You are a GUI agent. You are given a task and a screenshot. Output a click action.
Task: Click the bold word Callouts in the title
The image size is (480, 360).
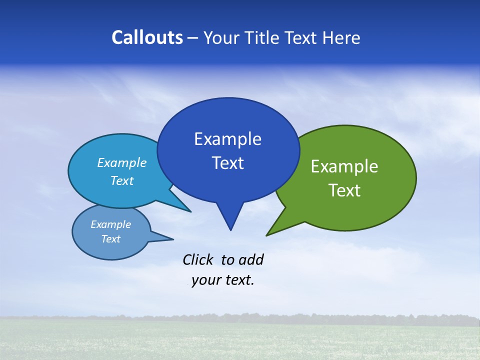147,37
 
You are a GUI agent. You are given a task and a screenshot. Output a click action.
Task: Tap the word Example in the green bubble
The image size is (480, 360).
344,166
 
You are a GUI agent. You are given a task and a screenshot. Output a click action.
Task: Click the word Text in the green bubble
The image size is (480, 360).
344,190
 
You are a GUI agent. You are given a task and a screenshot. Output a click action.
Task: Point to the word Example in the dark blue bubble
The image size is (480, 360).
227,139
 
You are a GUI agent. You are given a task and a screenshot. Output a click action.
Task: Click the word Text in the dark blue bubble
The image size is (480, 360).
227,163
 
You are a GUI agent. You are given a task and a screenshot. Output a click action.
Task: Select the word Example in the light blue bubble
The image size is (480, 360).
121,162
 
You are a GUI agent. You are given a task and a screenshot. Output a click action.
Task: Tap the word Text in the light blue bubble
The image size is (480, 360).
121,180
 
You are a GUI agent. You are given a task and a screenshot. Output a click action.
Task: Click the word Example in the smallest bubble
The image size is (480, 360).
110,224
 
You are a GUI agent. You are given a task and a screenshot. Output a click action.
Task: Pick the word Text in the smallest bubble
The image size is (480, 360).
110,239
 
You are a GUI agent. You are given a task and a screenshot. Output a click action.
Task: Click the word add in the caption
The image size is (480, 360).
251,259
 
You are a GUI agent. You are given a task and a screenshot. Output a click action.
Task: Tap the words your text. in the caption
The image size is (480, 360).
223,280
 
